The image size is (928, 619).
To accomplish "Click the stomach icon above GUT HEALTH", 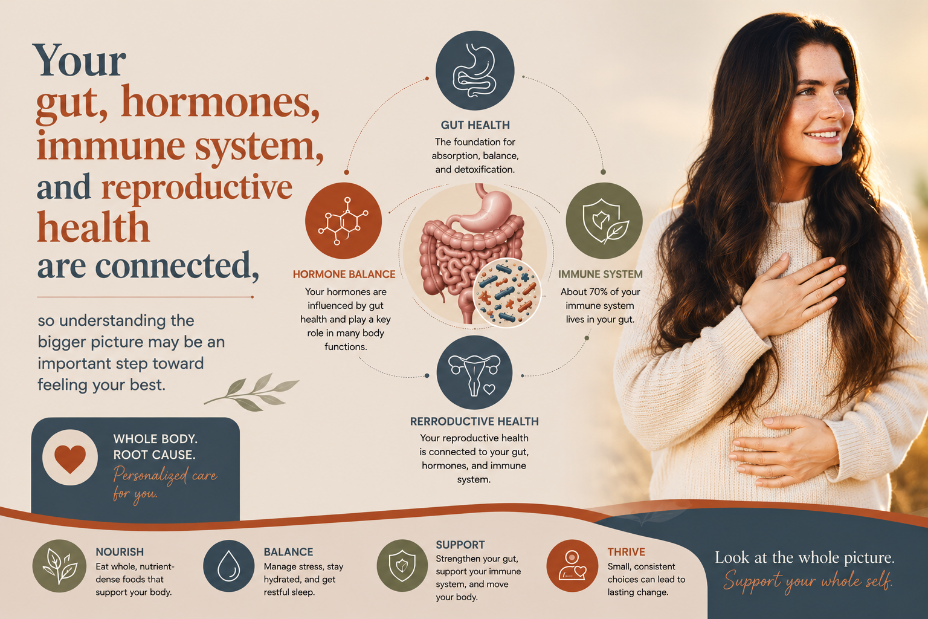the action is click(475, 70).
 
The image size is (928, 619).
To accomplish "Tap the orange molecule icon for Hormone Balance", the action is click(343, 221).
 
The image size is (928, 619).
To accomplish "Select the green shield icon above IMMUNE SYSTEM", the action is click(604, 221).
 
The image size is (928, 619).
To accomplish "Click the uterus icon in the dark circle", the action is click(474, 373).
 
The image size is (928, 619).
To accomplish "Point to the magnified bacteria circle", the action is click(507, 293).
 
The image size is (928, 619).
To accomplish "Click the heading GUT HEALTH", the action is click(475, 125).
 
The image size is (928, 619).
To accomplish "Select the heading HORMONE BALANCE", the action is click(344, 274).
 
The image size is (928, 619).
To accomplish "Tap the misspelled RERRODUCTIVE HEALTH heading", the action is click(474, 421).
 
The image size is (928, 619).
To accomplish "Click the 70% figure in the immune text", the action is click(598, 292).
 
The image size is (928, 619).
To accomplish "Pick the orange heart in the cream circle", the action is click(70, 459).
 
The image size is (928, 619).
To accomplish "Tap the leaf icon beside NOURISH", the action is click(59, 566).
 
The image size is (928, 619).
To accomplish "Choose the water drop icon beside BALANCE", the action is click(229, 566).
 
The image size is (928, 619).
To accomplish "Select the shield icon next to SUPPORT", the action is click(402, 566).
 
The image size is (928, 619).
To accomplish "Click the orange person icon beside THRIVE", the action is click(572, 566).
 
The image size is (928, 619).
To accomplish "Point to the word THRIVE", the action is click(627, 552).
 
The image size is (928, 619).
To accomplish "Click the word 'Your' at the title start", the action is click(79, 61).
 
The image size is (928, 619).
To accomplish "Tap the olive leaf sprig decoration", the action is click(251, 392).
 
